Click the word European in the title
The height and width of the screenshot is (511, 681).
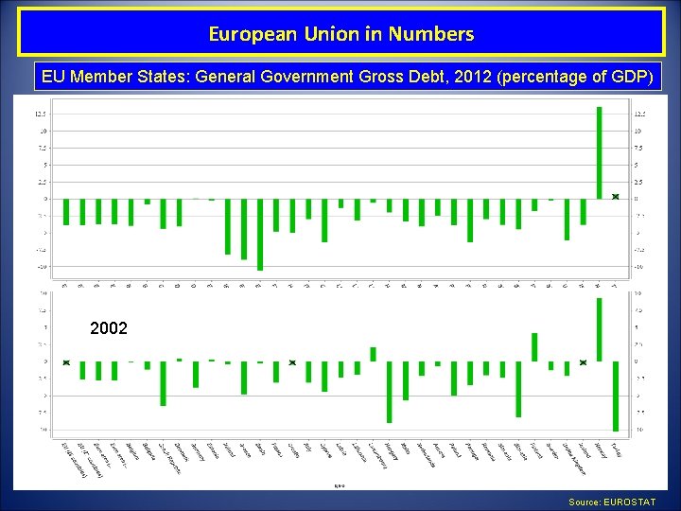[246, 35]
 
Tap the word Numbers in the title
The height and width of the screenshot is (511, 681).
[438, 35]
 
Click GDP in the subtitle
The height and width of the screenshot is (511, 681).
[628, 77]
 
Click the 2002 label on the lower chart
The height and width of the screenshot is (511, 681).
[108, 328]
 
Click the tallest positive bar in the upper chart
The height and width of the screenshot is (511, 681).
[599, 151]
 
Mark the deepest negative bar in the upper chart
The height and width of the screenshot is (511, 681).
[260, 235]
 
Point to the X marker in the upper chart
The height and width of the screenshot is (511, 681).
[615, 197]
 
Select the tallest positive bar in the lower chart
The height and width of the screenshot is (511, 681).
[599, 329]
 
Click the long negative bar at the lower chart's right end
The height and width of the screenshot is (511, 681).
[615, 396]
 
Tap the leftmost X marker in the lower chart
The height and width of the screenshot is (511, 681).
[66, 362]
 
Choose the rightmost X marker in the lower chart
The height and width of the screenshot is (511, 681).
[583, 362]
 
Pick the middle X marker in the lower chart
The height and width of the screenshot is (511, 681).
[292, 362]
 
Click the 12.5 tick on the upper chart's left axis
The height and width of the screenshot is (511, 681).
[42, 114]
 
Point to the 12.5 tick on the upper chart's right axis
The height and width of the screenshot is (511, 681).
[639, 114]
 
